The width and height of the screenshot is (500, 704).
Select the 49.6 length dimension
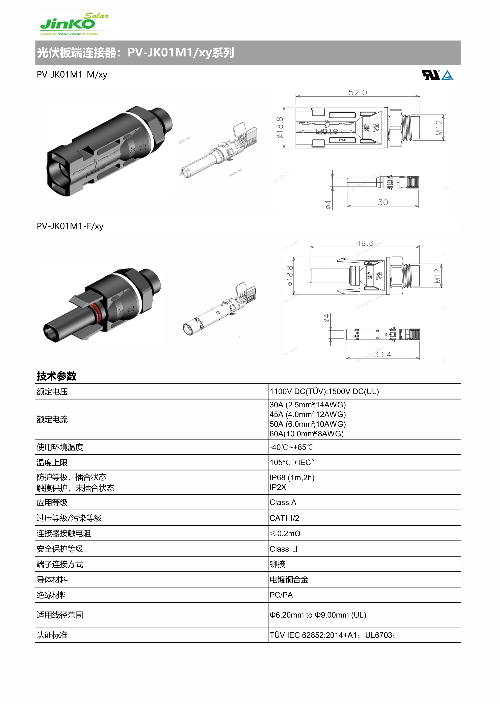click(365, 243)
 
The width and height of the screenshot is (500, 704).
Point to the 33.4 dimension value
click(382, 355)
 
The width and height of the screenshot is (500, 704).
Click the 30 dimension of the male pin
click(383, 202)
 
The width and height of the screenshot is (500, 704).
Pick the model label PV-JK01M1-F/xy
click(70, 226)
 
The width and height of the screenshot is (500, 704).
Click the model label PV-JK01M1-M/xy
click(72, 75)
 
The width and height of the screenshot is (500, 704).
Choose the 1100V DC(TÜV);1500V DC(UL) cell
click(324, 391)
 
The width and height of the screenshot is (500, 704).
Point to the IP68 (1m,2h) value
click(292, 478)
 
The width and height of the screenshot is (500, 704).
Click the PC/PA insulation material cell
click(281, 595)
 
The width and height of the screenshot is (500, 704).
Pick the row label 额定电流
click(52, 419)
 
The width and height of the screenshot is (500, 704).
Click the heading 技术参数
click(56, 376)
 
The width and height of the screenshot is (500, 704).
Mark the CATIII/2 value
click(284, 518)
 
